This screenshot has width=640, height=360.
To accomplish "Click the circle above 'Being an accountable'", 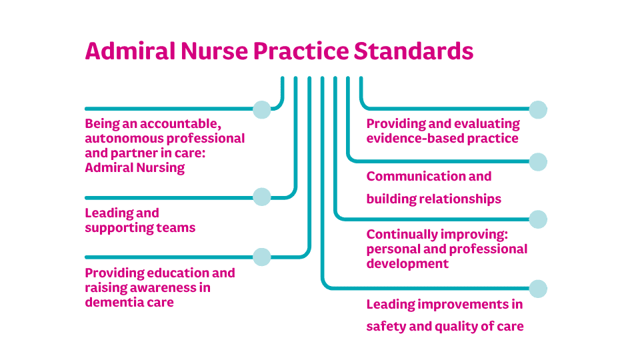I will click(262, 109).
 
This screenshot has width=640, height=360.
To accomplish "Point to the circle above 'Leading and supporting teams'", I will click(262, 197).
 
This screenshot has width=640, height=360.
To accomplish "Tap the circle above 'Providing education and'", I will click(262, 257).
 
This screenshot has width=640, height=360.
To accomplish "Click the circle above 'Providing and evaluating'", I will click(538, 109).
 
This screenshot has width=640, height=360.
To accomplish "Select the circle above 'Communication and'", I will click(538, 161).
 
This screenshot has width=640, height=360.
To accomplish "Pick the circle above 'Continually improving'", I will click(538, 219).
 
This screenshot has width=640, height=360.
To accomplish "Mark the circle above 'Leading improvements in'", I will click(538, 289).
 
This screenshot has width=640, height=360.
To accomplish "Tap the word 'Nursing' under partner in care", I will click(160, 168).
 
